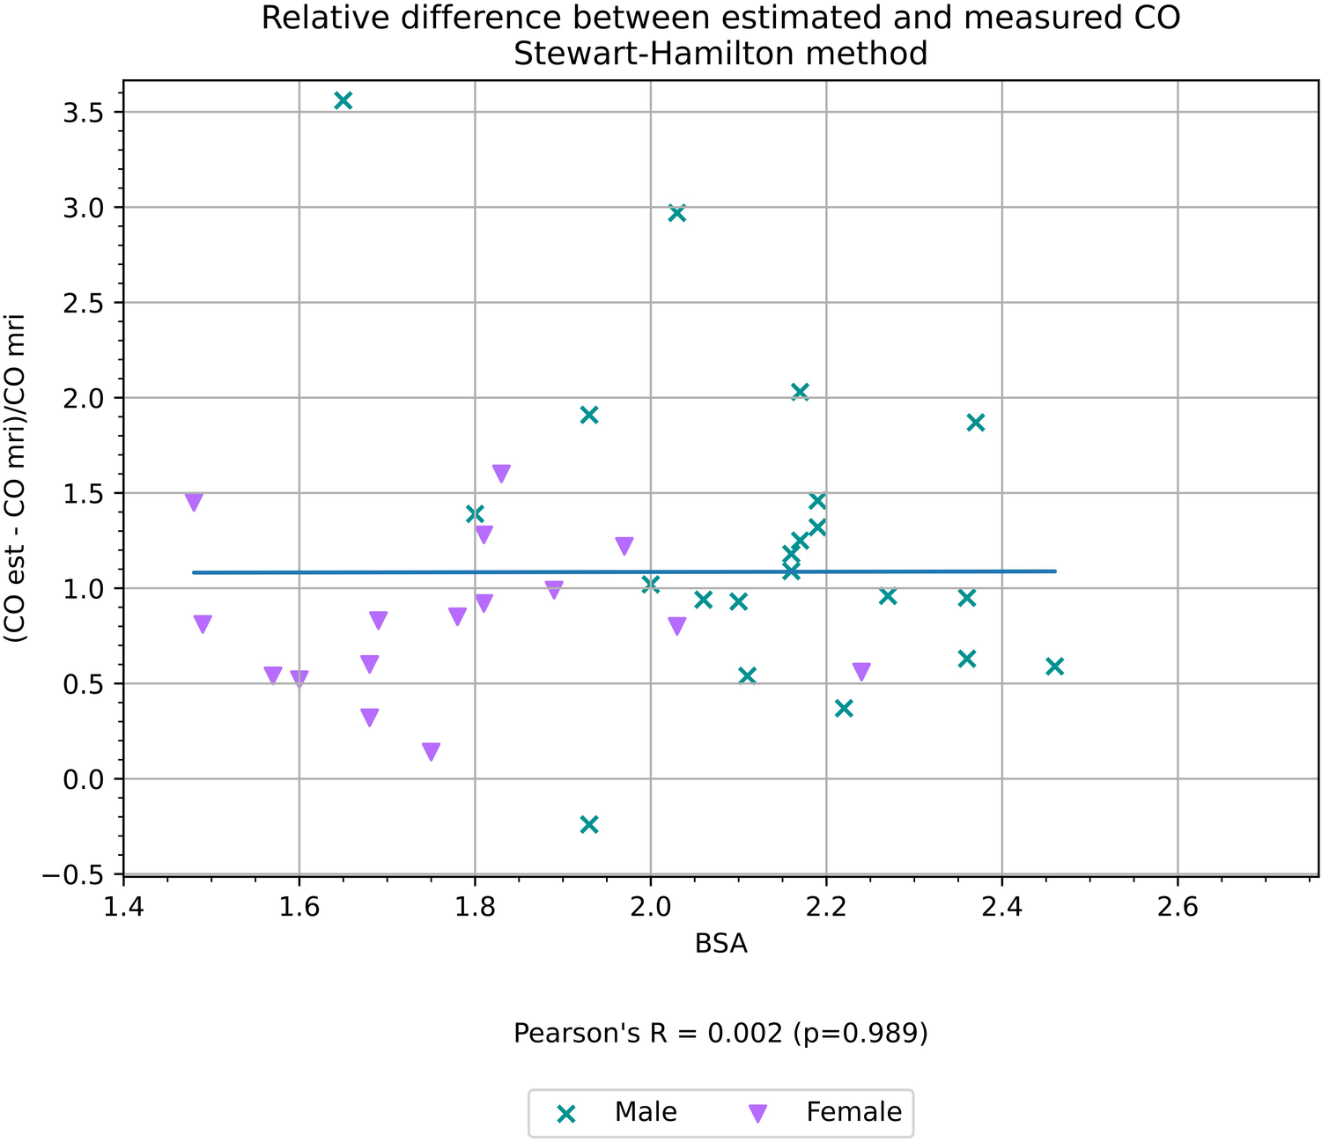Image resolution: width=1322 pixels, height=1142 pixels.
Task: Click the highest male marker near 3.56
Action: (x=343, y=100)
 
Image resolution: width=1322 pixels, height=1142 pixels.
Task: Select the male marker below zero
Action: (x=589, y=824)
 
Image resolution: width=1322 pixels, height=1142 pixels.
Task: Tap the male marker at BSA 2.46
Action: (x=1054, y=667)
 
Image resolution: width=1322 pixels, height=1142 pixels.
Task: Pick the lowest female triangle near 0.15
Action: (x=431, y=751)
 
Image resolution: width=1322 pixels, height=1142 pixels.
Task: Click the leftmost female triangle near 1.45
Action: (x=194, y=502)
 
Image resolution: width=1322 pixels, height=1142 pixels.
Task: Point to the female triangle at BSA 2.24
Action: (x=861, y=672)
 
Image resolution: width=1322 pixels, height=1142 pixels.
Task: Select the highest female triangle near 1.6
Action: (x=501, y=474)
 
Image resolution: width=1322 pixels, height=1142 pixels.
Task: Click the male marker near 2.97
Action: (x=676, y=212)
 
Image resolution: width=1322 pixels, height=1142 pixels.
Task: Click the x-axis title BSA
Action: (x=720, y=944)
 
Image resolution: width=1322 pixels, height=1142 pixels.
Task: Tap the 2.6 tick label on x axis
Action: (x=1178, y=908)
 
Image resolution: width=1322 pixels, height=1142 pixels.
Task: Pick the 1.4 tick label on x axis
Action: (x=123, y=908)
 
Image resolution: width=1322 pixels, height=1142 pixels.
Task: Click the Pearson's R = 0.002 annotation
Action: (x=720, y=1033)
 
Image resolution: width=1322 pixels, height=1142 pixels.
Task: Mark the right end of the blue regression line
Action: (x=1055, y=571)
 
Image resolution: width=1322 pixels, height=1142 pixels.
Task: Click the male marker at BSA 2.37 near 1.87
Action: (x=975, y=423)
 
